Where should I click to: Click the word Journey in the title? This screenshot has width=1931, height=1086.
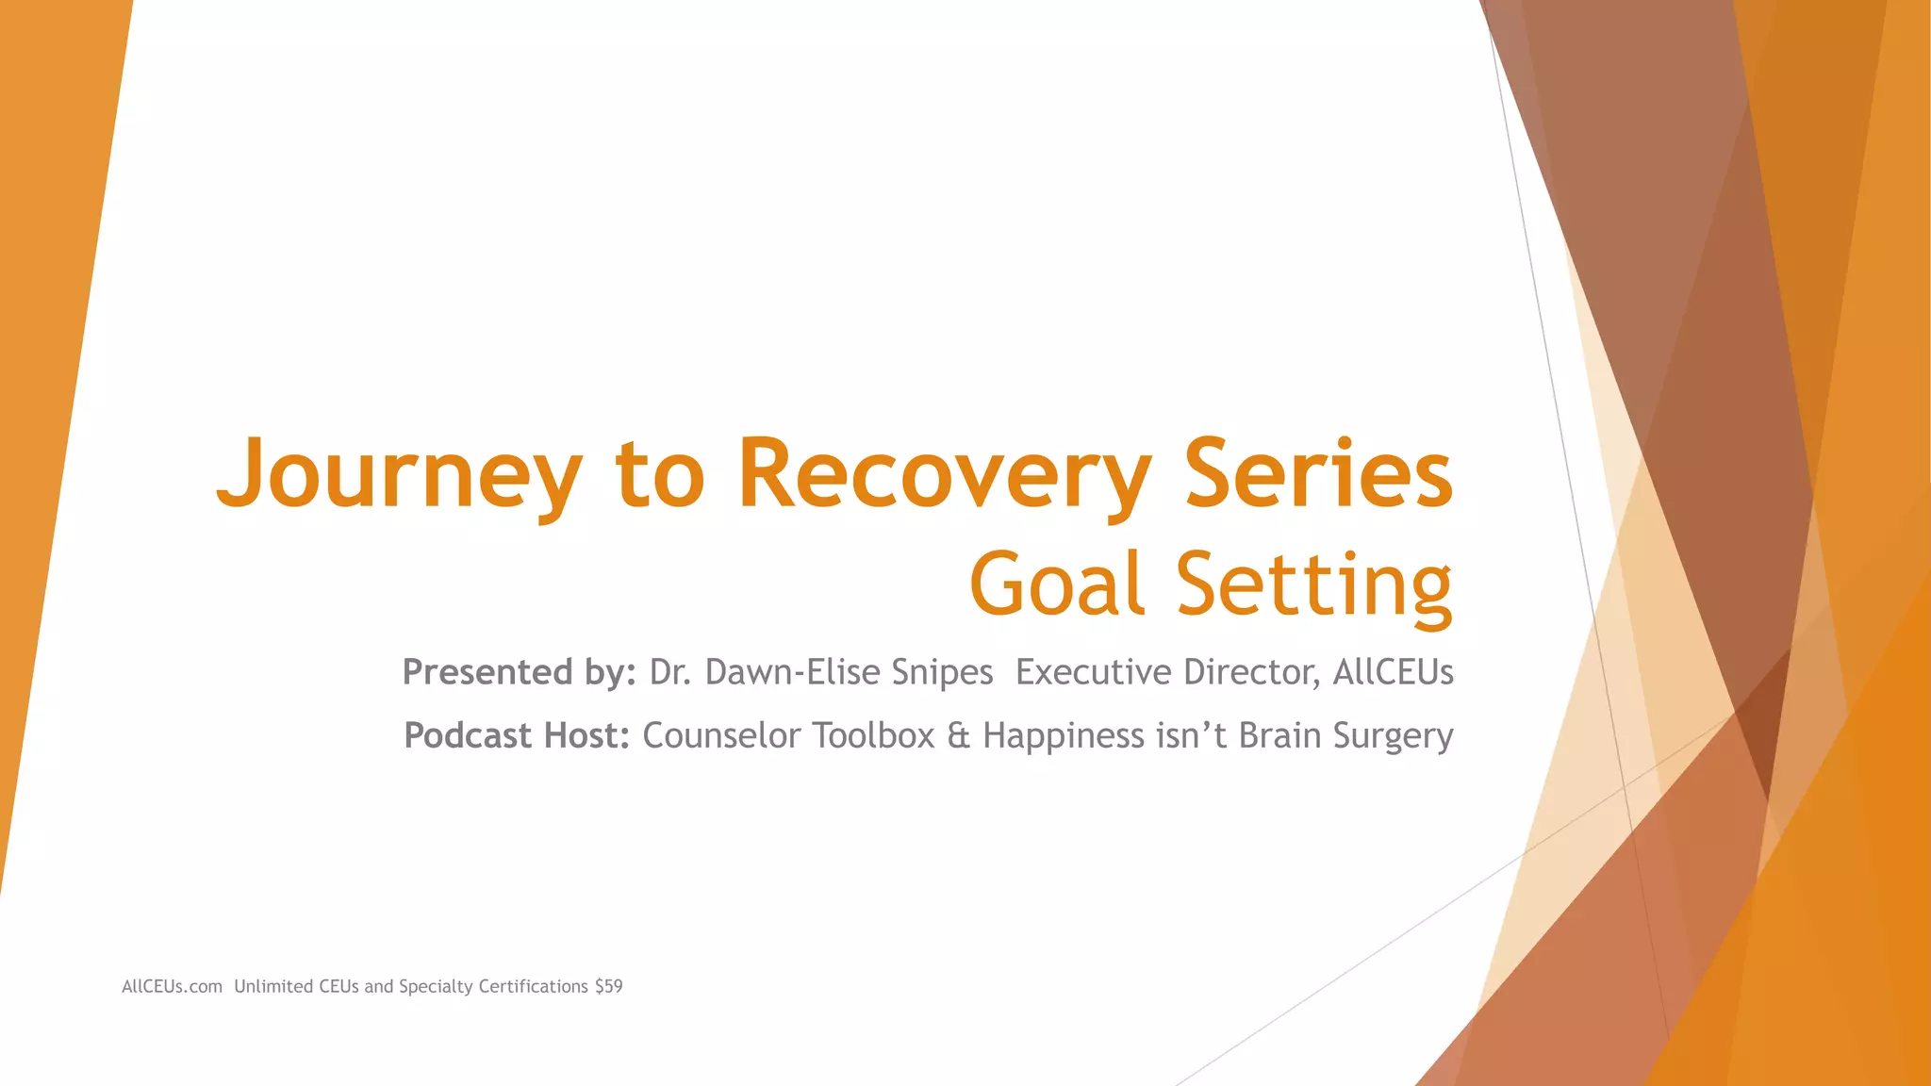coord(400,474)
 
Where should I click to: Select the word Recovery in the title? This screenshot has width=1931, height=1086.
coord(944,474)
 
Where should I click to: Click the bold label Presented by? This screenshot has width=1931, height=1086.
coord(520,672)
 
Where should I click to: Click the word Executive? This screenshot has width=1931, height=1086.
coord(1093,672)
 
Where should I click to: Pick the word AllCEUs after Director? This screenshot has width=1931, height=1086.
coord(1393,672)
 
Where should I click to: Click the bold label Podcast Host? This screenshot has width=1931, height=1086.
coord(517,735)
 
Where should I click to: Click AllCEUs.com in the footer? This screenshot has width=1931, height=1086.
coord(172,986)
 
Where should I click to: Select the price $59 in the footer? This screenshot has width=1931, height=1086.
coord(608,986)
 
